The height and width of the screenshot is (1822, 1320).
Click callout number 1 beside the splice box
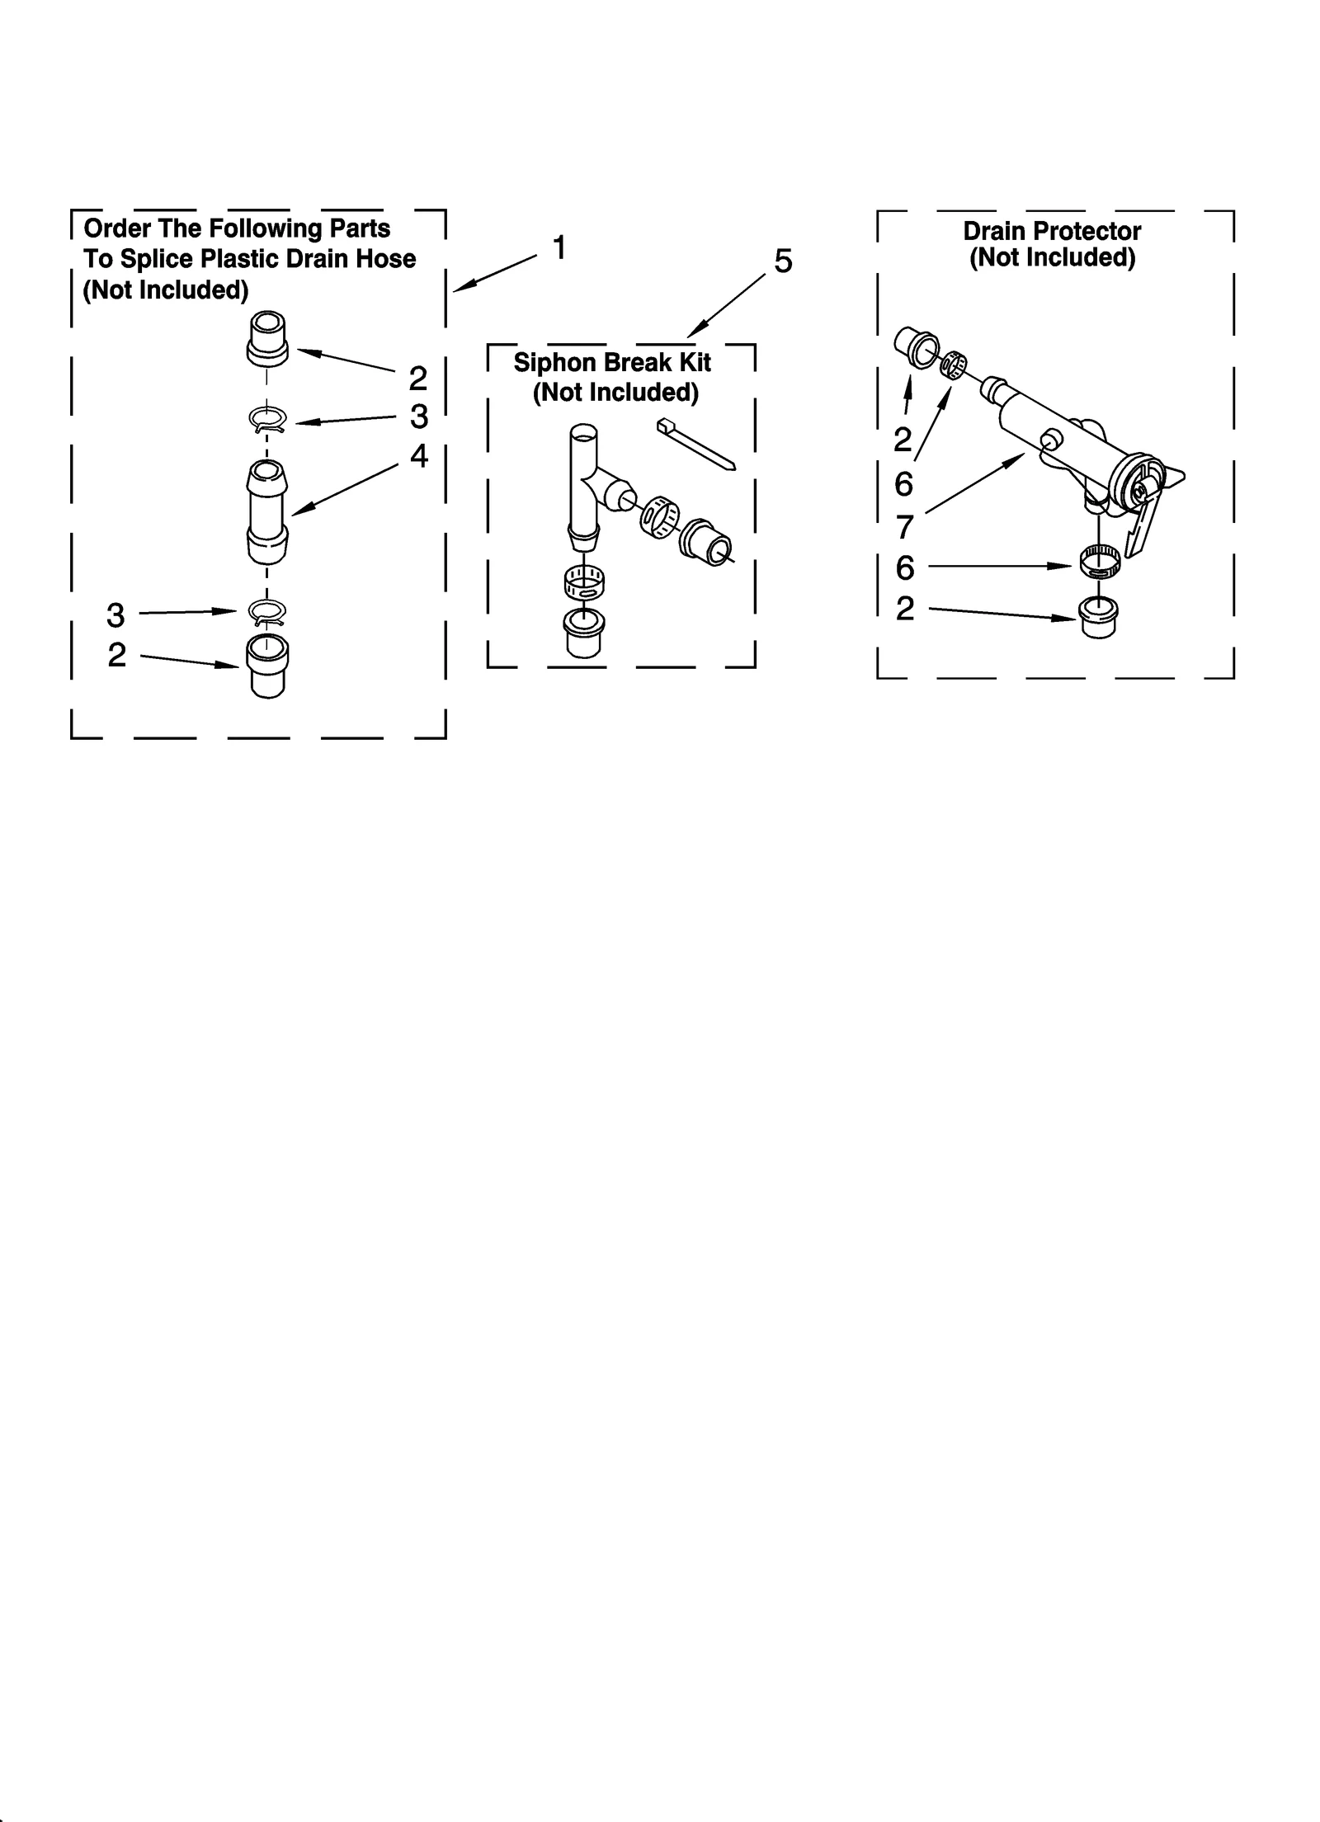(x=559, y=248)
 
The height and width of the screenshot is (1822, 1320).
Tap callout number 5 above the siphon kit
(x=783, y=261)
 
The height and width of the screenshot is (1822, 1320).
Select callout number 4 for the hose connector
(x=419, y=456)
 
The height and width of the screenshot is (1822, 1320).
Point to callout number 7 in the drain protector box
(x=905, y=525)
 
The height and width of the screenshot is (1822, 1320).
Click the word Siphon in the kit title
(x=555, y=363)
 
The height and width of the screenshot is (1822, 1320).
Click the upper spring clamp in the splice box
(x=267, y=421)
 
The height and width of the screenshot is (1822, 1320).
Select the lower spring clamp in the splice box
(x=267, y=611)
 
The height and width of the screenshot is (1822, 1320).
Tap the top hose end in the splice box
(x=267, y=337)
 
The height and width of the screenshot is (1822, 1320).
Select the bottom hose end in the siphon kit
(x=583, y=633)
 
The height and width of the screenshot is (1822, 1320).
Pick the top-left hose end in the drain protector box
(x=917, y=347)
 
